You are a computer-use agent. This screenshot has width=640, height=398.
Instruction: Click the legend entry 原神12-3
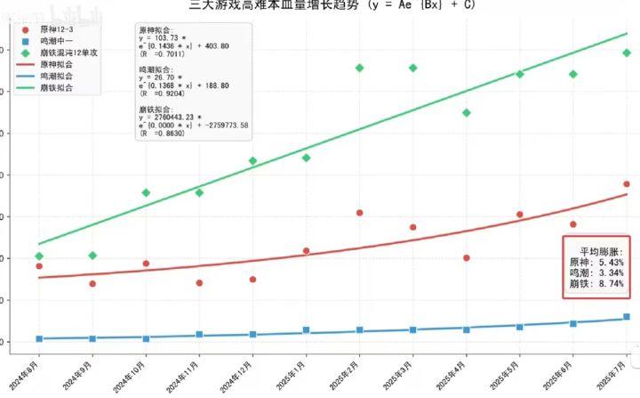[53, 30]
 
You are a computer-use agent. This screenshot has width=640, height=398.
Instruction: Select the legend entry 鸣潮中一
[53, 42]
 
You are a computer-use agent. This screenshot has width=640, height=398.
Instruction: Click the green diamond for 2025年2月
[359, 68]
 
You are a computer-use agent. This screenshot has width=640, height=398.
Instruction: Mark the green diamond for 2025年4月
[467, 113]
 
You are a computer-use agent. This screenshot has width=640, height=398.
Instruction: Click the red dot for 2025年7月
[627, 184]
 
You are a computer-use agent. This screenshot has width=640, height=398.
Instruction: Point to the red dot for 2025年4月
[467, 258]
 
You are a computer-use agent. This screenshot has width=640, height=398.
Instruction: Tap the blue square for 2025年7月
[627, 317]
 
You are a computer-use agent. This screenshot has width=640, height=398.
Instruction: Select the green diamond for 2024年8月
[38, 256]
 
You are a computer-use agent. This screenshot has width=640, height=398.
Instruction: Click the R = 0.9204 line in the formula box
[164, 93]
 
